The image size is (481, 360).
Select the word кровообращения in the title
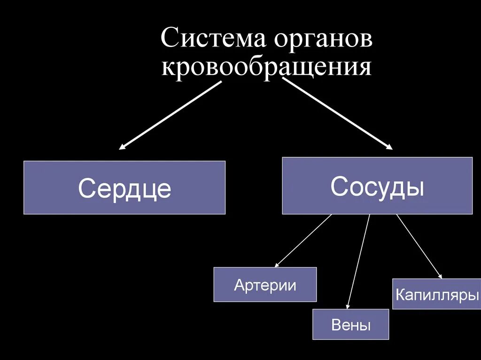point(266,67)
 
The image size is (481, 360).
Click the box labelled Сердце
point(124,188)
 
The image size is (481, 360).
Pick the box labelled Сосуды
point(377,186)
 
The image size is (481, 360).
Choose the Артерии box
point(265,284)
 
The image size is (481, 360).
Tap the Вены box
point(350,324)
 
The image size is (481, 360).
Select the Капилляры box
point(436,294)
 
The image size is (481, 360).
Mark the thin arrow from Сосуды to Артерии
point(303,241)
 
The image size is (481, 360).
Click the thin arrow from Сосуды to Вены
point(359,260)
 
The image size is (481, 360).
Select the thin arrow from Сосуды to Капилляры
point(419,246)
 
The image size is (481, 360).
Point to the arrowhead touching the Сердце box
point(122,147)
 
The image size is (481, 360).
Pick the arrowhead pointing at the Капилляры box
point(440,276)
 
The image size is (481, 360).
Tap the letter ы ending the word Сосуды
point(416,187)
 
